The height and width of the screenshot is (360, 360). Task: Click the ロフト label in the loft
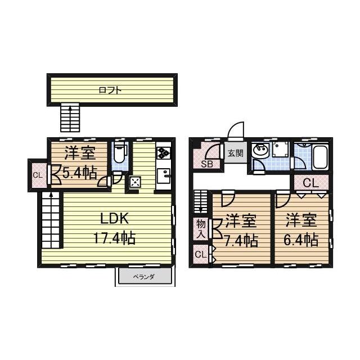(x=110, y=90)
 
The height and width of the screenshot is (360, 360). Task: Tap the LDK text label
(x=114, y=218)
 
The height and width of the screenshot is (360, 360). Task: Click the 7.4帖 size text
(x=241, y=240)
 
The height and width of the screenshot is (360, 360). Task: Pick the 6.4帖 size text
(x=301, y=240)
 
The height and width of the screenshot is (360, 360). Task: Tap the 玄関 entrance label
(x=235, y=153)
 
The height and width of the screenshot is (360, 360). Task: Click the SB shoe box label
(x=207, y=164)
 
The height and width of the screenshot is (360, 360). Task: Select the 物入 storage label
(x=201, y=228)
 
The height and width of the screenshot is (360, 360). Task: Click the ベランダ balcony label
(x=144, y=277)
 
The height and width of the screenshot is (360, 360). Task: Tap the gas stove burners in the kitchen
(x=164, y=152)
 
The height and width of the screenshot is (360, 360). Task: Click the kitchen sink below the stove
(x=164, y=176)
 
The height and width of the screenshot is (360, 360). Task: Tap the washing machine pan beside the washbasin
(x=280, y=150)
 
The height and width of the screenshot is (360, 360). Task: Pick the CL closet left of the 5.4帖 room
(x=38, y=175)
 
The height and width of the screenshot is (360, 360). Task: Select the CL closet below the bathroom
(x=311, y=183)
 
